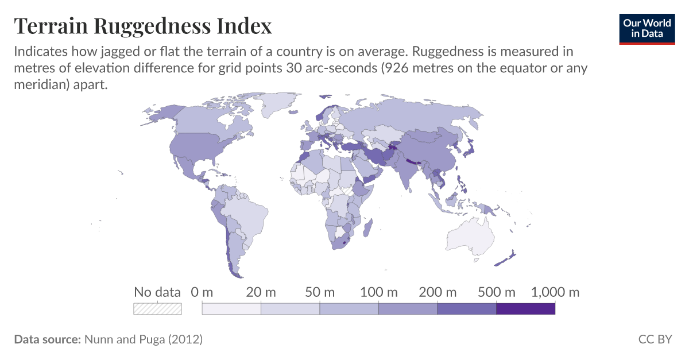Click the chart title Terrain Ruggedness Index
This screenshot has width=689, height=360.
[x=142, y=26]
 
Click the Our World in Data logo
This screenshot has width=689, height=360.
[x=647, y=28]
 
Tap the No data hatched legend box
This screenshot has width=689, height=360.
[x=157, y=309]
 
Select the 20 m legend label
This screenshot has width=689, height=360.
[x=261, y=292]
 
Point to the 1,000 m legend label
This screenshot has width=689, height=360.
[x=555, y=292]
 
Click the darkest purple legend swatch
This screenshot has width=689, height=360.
[x=525, y=309]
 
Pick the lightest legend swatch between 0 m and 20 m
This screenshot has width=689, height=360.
[x=231, y=309]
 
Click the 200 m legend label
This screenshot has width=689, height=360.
[x=438, y=292]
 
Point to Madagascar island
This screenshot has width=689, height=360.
[x=369, y=227]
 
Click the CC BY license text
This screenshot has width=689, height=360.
[x=655, y=339]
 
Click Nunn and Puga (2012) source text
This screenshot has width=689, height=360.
[x=143, y=339]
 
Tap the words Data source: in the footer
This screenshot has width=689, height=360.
[x=47, y=339]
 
